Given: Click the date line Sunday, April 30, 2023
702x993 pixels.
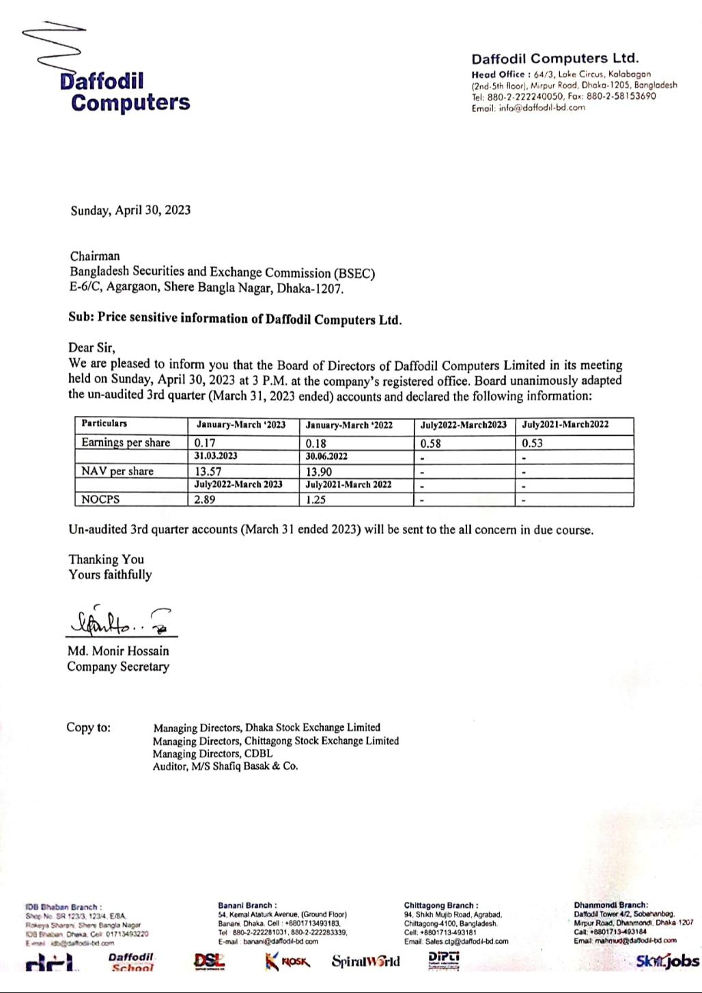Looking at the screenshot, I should [x=130, y=210].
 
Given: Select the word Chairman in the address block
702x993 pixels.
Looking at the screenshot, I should [x=95, y=257].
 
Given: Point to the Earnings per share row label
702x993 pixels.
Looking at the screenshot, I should [x=126, y=443].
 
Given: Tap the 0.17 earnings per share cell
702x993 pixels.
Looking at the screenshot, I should [x=205, y=443].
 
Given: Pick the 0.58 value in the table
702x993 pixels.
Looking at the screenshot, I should [x=431, y=443].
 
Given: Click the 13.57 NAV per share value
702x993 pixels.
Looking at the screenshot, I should [x=208, y=471].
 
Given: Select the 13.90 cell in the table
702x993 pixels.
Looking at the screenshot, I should [x=320, y=471].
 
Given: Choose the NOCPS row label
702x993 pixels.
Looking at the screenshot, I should [x=100, y=499].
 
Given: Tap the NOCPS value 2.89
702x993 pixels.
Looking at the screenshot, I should [x=205, y=499].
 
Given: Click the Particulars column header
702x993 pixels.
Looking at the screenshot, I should [x=104, y=424].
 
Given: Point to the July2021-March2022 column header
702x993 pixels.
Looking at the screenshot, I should [x=565, y=425].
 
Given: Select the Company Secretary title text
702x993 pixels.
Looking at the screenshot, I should [x=118, y=667].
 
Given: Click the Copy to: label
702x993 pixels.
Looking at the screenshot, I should [x=88, y=727].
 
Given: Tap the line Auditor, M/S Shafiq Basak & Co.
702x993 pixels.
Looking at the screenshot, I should [x=225, y=766].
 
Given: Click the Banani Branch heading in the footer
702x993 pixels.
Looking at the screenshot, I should [x=247, y=906].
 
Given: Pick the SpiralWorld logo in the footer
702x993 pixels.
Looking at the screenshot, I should [x=366, y=962].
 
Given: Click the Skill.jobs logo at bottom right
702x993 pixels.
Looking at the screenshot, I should [x=667, y=962].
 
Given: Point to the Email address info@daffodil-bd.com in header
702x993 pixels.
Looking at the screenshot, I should [x=528, y=107].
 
